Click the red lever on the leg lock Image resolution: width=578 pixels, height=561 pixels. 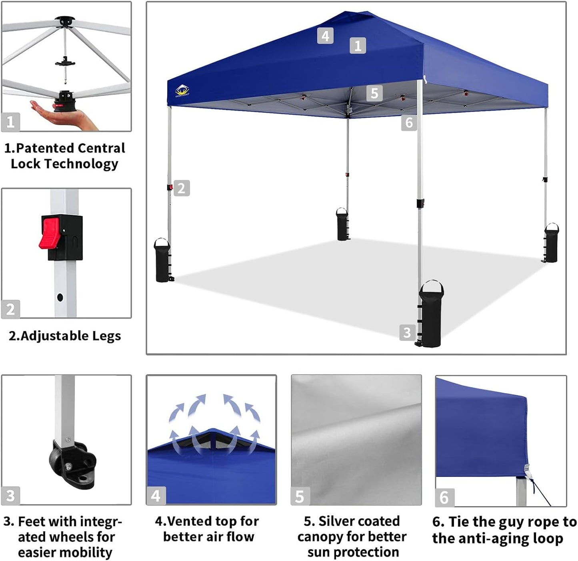pos(50,232)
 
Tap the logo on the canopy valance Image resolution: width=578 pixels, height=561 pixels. pos(182,91)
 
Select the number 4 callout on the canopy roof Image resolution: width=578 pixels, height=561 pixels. pos(325,36)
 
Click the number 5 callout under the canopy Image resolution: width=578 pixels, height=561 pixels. pos(374,93)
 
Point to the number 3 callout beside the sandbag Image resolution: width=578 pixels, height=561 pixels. pos(407,332)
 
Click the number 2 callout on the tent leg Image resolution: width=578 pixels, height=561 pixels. pos(182,188)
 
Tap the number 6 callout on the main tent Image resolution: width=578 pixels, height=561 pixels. pos(409,123)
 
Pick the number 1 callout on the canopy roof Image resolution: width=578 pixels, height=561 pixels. pos(358,45)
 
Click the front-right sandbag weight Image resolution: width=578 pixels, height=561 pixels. pos(431,314)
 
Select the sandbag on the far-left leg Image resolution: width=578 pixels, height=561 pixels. pos(162,261)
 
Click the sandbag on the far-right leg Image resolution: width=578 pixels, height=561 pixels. pos(551,243)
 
